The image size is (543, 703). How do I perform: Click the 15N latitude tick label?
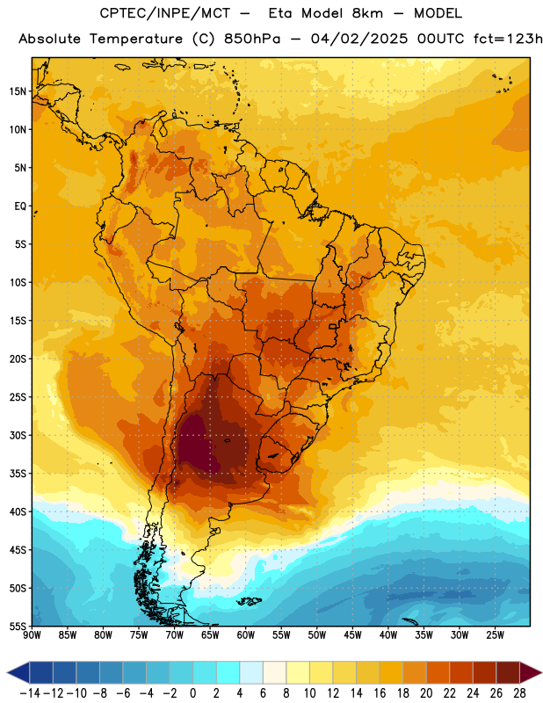tap(18, 91)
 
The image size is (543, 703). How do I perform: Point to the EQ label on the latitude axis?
tap(20, 207)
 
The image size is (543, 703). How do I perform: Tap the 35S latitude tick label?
tap(18, 474)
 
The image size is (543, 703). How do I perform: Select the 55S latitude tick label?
tap(18, 626)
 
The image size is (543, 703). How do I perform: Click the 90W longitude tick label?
tap(32, 635)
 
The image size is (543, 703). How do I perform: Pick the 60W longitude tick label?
tap(246, 635)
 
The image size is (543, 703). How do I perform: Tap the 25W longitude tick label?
tap(495, 635)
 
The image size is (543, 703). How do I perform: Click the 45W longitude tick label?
tap(352, 635)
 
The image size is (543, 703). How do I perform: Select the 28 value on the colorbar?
tap(519, 693)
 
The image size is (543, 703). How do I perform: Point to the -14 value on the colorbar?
tap(30, 693)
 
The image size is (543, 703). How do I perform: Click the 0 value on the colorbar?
tap(193, 693)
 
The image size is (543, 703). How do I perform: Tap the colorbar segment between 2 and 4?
tap(228, 672)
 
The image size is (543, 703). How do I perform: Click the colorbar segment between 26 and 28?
tap(508, 672)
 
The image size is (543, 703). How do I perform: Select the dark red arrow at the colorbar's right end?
tap(529, 672)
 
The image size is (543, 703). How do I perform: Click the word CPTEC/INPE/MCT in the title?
tap(165, 13)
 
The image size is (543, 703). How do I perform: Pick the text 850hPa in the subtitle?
tap(252, 39)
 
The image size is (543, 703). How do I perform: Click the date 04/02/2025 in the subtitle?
tap(359, 39)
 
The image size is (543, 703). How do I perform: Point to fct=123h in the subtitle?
tap(508, 39)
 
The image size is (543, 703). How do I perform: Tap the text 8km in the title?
tap(367, 13)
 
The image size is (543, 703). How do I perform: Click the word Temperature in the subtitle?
tap(136, 40)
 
